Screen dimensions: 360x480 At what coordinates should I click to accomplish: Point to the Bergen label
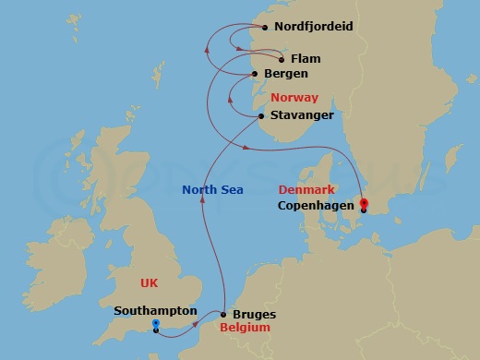[285, 73]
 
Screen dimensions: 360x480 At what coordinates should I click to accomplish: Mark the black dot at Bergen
[256, 74]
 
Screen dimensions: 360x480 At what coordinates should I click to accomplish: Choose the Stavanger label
[301, 115]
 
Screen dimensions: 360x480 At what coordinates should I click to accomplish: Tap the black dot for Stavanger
[263, 116]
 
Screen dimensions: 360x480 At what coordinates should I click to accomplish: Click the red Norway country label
[294, 97]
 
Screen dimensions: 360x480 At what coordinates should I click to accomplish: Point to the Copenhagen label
[316, 205]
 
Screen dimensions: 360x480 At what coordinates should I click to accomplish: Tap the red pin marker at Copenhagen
[363, 205]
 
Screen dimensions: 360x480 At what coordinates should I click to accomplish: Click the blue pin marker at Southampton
[156, 325]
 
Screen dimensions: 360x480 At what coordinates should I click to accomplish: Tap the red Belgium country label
[245, 328]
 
